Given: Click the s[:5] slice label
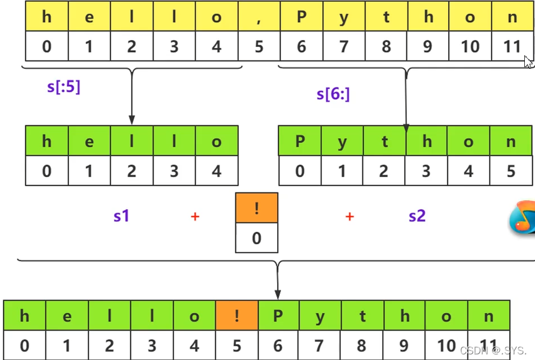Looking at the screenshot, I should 63,87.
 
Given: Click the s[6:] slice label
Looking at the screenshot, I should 333,94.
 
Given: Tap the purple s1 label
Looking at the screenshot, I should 121,215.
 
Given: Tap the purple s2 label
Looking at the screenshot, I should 417,215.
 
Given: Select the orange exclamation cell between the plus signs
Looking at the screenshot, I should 257,209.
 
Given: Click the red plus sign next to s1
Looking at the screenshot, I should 195,216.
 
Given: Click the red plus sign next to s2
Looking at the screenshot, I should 349,216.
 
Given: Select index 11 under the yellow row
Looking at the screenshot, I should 512,46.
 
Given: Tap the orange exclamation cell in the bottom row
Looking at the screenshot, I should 237,315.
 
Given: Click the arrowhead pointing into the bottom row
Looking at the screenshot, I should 278,294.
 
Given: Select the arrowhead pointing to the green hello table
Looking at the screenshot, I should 131,120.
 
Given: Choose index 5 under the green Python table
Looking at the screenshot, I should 511,170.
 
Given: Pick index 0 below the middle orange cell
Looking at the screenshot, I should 257,238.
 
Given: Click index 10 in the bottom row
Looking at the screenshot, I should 446,345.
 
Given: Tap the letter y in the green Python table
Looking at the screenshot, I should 342,141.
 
